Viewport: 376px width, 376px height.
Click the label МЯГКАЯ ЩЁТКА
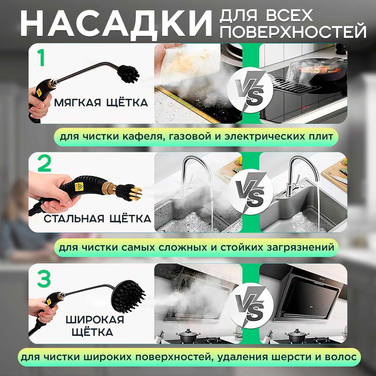coord(101,103)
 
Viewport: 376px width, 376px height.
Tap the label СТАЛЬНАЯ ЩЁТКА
coord(98,218)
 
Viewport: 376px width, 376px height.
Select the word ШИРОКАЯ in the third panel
coord(95,320)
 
